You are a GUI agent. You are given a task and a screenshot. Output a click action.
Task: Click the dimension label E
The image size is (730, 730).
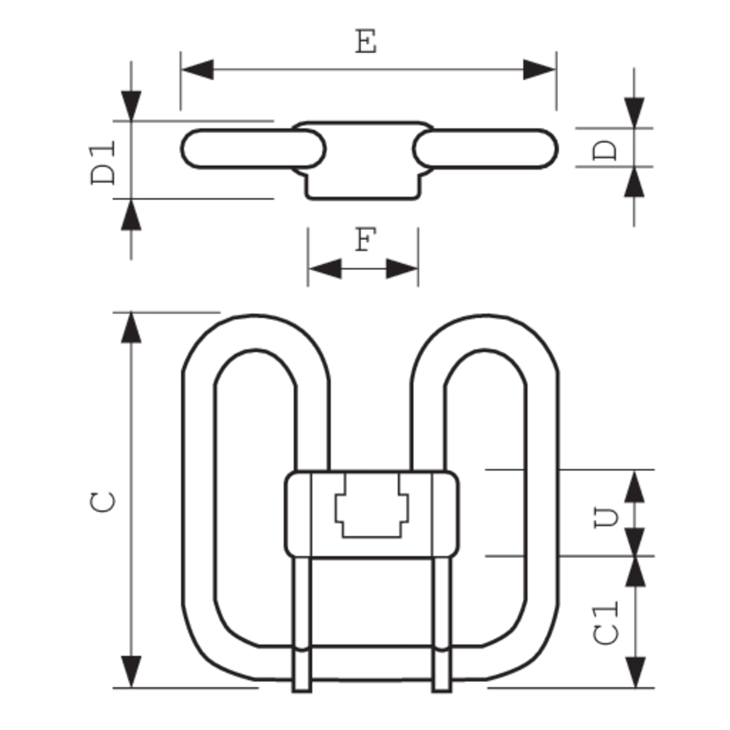366,43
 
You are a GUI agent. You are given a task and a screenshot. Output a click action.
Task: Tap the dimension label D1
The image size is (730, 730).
103,162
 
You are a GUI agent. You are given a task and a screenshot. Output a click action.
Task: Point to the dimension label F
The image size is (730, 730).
363,240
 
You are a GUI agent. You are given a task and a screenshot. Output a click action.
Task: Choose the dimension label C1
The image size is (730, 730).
606,622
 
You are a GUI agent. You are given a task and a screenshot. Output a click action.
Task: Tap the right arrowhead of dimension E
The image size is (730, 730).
539,70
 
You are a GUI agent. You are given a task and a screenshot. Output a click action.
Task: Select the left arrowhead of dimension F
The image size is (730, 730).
324,268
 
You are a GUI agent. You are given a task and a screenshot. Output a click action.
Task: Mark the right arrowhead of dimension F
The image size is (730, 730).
402,268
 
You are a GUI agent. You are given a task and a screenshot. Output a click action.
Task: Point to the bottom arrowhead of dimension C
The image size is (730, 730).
131,672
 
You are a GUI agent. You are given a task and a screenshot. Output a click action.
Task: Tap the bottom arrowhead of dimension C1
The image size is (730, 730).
635,672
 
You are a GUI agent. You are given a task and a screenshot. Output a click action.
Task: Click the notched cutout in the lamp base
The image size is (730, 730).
372,506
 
